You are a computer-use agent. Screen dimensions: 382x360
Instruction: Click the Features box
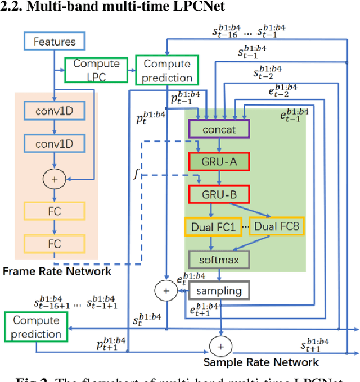tap(54, 42)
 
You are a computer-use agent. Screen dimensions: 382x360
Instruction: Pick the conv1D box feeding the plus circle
tap(54, 144)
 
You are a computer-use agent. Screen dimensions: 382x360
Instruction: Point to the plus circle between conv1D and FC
tap(54, 179)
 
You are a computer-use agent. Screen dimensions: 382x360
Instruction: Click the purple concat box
tap(219, 130)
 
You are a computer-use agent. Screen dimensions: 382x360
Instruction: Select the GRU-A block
tap(219, 162)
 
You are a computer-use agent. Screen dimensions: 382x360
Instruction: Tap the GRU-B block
tap(219, 194)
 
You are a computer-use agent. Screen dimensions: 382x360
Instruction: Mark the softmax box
tap(219, 260)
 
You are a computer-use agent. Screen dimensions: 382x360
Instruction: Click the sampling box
tap(219, 290)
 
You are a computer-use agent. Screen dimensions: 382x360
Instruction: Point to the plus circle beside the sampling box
tap(165, 290)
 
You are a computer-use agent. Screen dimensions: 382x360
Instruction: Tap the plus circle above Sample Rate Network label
tap(220, 344)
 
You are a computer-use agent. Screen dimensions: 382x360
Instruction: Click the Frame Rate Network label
tap(57, 271)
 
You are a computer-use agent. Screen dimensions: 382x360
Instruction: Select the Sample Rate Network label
tap(261, 362)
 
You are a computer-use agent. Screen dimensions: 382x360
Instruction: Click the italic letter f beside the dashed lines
tap(135, 174)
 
